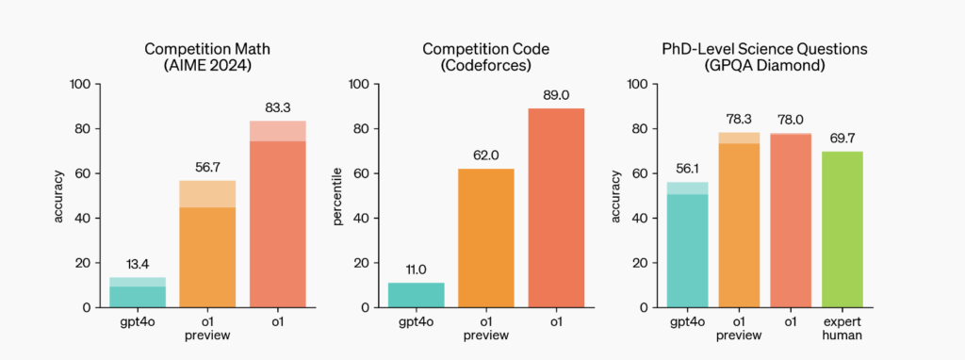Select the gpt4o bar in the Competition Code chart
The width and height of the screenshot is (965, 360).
(x=416, y=295)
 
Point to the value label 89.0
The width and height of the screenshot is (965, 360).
(x=556, y=96)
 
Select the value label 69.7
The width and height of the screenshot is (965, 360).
(x=842, y=139)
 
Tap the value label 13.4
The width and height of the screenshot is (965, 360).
(x=138, y=265)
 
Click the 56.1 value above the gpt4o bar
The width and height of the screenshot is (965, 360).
(x=694, y=170)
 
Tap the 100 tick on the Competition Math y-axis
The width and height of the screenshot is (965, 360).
(x=82, y=84)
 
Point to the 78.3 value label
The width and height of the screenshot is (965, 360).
(x=740, y=120)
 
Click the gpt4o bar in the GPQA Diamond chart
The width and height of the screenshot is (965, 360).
(x=694, y=250)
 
